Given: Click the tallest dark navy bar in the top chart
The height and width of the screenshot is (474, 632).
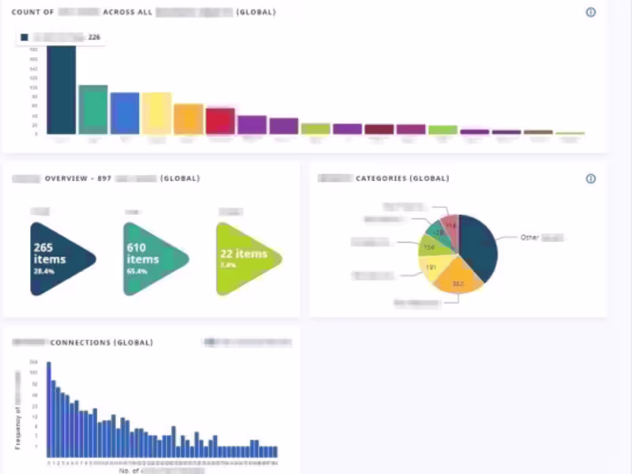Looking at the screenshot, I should [62, 90].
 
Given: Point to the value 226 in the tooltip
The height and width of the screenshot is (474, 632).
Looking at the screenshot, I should [93, 37].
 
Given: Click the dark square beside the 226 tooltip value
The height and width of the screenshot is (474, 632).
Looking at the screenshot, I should [25, 37].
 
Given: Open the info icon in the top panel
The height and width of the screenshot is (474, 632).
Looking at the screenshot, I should [590, 13].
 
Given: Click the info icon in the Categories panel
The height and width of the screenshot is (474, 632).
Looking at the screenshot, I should [590, 179].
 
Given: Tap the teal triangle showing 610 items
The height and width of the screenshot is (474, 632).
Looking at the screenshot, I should [151, 258].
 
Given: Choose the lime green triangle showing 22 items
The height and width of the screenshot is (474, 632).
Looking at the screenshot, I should [244, 258].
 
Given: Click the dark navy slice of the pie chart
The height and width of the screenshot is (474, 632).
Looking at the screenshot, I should [479, 245].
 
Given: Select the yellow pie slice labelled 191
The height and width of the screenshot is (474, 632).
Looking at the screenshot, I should [433, 267].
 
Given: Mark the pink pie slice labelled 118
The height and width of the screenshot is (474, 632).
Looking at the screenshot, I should [450, 226].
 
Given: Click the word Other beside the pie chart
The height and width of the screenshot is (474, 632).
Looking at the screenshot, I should [529, 237].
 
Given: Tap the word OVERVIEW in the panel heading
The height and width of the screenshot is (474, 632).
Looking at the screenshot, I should [66, 179].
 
